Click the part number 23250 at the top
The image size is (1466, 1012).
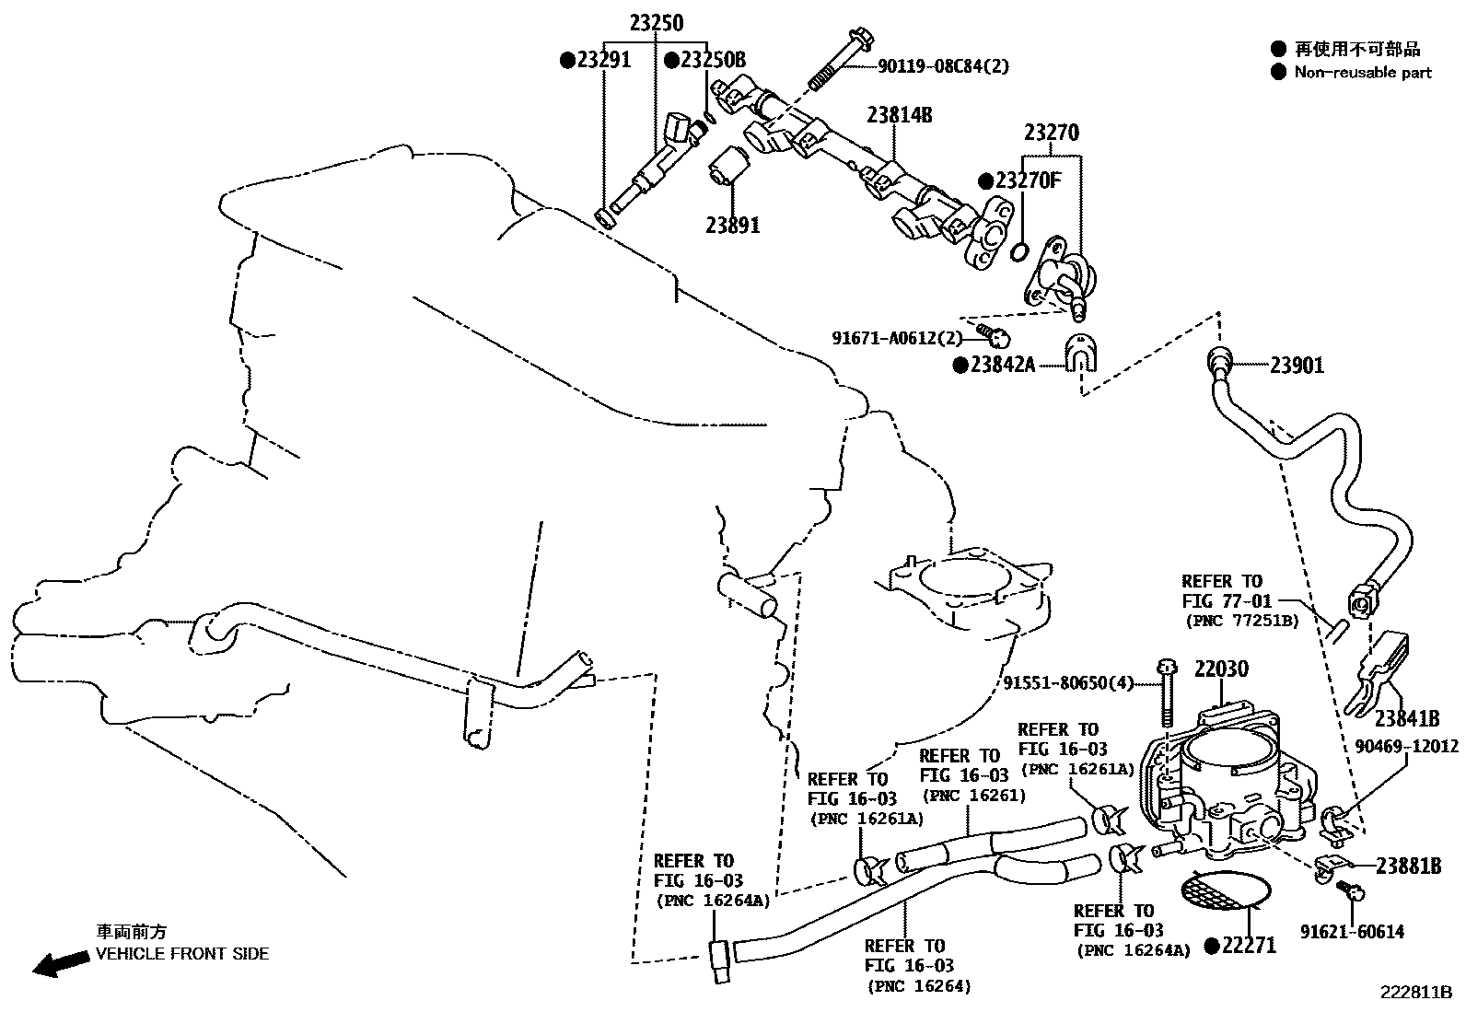(657, 23)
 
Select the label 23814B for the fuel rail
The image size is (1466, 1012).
(899, 115)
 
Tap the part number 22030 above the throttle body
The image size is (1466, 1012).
(1221, 669)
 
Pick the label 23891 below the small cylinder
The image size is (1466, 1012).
(733, 225)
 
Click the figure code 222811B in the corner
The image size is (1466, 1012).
(1414, 993)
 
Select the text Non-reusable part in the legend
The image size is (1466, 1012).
(1363, 73)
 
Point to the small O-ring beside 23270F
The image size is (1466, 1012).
(1018, 251)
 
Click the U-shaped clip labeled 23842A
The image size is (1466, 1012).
(1077, 355)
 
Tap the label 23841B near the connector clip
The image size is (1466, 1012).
(1406, 718)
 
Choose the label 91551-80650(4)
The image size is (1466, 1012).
(1074, 683)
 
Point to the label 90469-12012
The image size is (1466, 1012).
(1406, 746)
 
